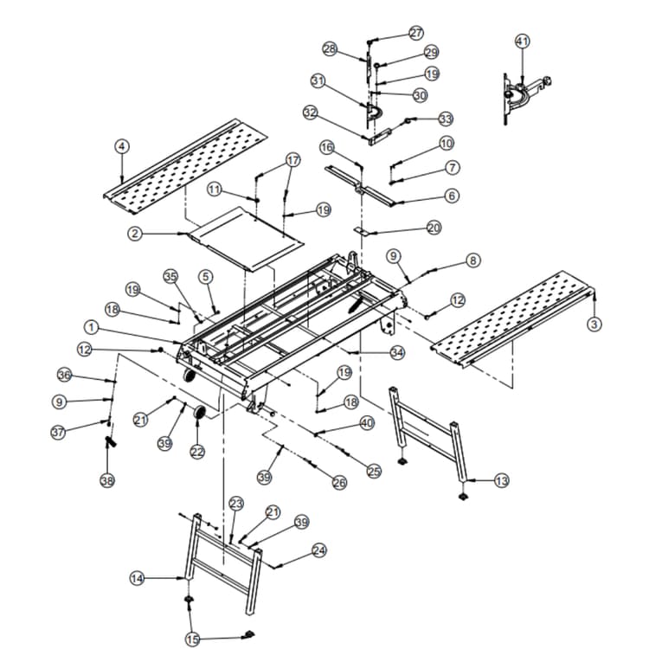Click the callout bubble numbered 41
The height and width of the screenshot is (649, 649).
tap(522, 42)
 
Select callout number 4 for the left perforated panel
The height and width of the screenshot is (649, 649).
tap(122, 146)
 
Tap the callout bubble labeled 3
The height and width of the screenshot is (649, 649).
tap(594, 324)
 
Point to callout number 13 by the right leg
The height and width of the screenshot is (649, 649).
tap(502, 480)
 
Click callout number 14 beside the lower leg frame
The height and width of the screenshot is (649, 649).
tap(137, 579)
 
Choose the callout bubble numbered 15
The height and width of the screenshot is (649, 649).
tap(192, 639)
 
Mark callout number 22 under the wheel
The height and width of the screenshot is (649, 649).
tap(197, 452)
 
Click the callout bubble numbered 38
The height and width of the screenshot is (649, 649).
tap(106, 481)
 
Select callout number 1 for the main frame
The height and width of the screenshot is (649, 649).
tap(91, 327)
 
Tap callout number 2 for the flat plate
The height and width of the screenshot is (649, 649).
tap(134, 234)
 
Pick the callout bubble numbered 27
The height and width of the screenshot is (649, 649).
tap(416, 33)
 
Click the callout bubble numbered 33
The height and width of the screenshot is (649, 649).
tap(446, 119)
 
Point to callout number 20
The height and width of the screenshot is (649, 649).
tap(434, 228)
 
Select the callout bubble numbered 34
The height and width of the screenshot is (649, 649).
tap(397, 352)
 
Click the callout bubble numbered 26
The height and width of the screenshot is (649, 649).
tap(339, 483)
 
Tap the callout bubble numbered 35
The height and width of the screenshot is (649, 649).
tap(170, 276)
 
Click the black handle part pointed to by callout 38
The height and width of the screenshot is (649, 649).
tap(112, 443)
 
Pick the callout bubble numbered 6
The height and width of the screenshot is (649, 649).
tap(452, 196)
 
